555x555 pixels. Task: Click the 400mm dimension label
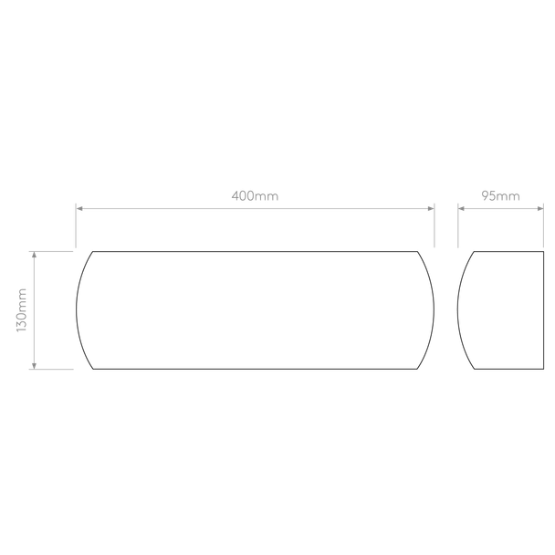click(x=255, y=195)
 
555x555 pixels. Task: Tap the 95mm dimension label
click(x=500, y=195)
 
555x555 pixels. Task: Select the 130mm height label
click(x=22, y=310)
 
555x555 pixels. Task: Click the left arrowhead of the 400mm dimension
click(x=79, y=208)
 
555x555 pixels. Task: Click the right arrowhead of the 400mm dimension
click(x=431, y=208)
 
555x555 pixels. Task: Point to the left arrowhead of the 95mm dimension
click(x=461, y=208)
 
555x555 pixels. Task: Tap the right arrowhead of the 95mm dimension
click(x=540, y=208)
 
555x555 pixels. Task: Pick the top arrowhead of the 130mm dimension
click(x=34, y=255)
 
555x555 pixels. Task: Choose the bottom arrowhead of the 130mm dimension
click(x=34, y=366)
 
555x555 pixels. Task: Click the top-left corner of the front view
click(x=93, y=252)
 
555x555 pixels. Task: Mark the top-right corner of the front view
click(x=417, y=252)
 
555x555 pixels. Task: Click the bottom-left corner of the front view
click(x=93, y=369)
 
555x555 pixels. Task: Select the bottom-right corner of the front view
click(x=417, y=369)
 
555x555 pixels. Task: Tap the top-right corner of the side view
click(x=543, y=252)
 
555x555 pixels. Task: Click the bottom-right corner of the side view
click(x=543, y=369)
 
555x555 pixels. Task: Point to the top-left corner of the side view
click(x=475, y=252)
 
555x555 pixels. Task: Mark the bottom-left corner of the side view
click(x=475, y=369)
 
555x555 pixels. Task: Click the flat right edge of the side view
click(x=543, y=310)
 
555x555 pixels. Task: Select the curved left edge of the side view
click(x=457, y=310)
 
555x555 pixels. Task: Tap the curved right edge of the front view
click(x=434, y=310)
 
